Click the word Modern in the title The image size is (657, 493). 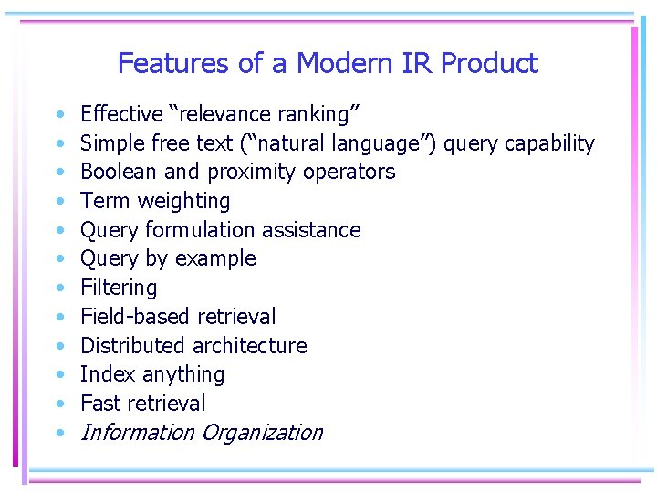pos(341,63)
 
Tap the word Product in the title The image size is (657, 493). pos(489,63)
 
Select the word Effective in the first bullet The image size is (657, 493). pos(121,114)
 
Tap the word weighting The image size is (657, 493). pos(188,202)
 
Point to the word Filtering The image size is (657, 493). pos(119,288)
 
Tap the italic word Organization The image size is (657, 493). pos(262,433)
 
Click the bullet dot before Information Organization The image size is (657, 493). pos(59,433)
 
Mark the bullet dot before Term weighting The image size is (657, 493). pos(59,202)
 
